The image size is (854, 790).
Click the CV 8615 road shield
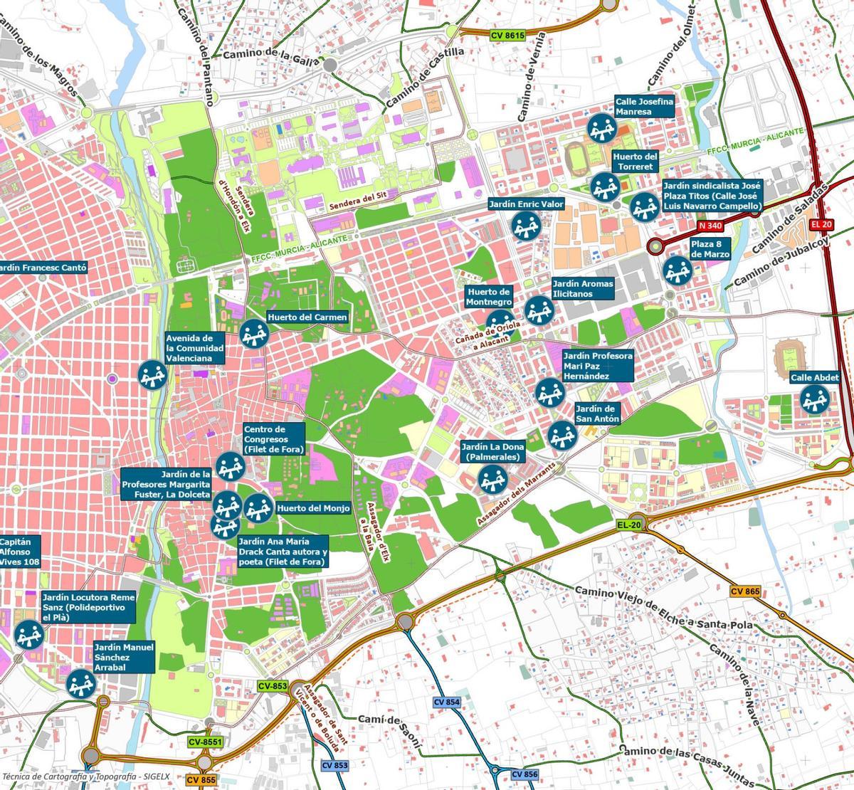coord(507,36)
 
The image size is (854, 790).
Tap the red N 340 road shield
coord(710,226)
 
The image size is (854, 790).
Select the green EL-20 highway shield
coord(629,525)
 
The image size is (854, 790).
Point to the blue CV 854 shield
coord(447,702)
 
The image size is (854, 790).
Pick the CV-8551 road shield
coord(206,742)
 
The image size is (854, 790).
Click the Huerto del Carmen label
coord(307,317)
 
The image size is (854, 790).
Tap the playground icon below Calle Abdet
coord(813,399)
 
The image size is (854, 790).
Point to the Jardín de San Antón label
coord(597,414)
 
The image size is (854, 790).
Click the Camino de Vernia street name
coord(533,75)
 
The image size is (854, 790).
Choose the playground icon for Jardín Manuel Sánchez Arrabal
coord(80,684)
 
